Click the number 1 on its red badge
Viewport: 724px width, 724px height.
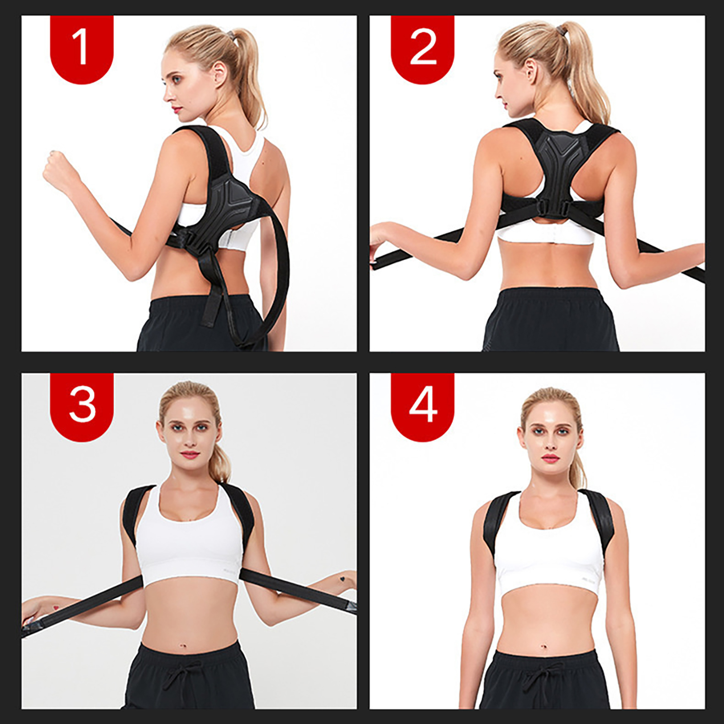[81, 47]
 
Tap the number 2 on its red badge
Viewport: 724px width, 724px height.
[423, 47]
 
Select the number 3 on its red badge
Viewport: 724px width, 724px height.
[82, 404]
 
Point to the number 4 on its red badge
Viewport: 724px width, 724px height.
[423, 404]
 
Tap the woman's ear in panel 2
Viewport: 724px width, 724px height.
[530, 71]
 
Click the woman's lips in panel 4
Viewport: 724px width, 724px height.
[551, 458]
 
